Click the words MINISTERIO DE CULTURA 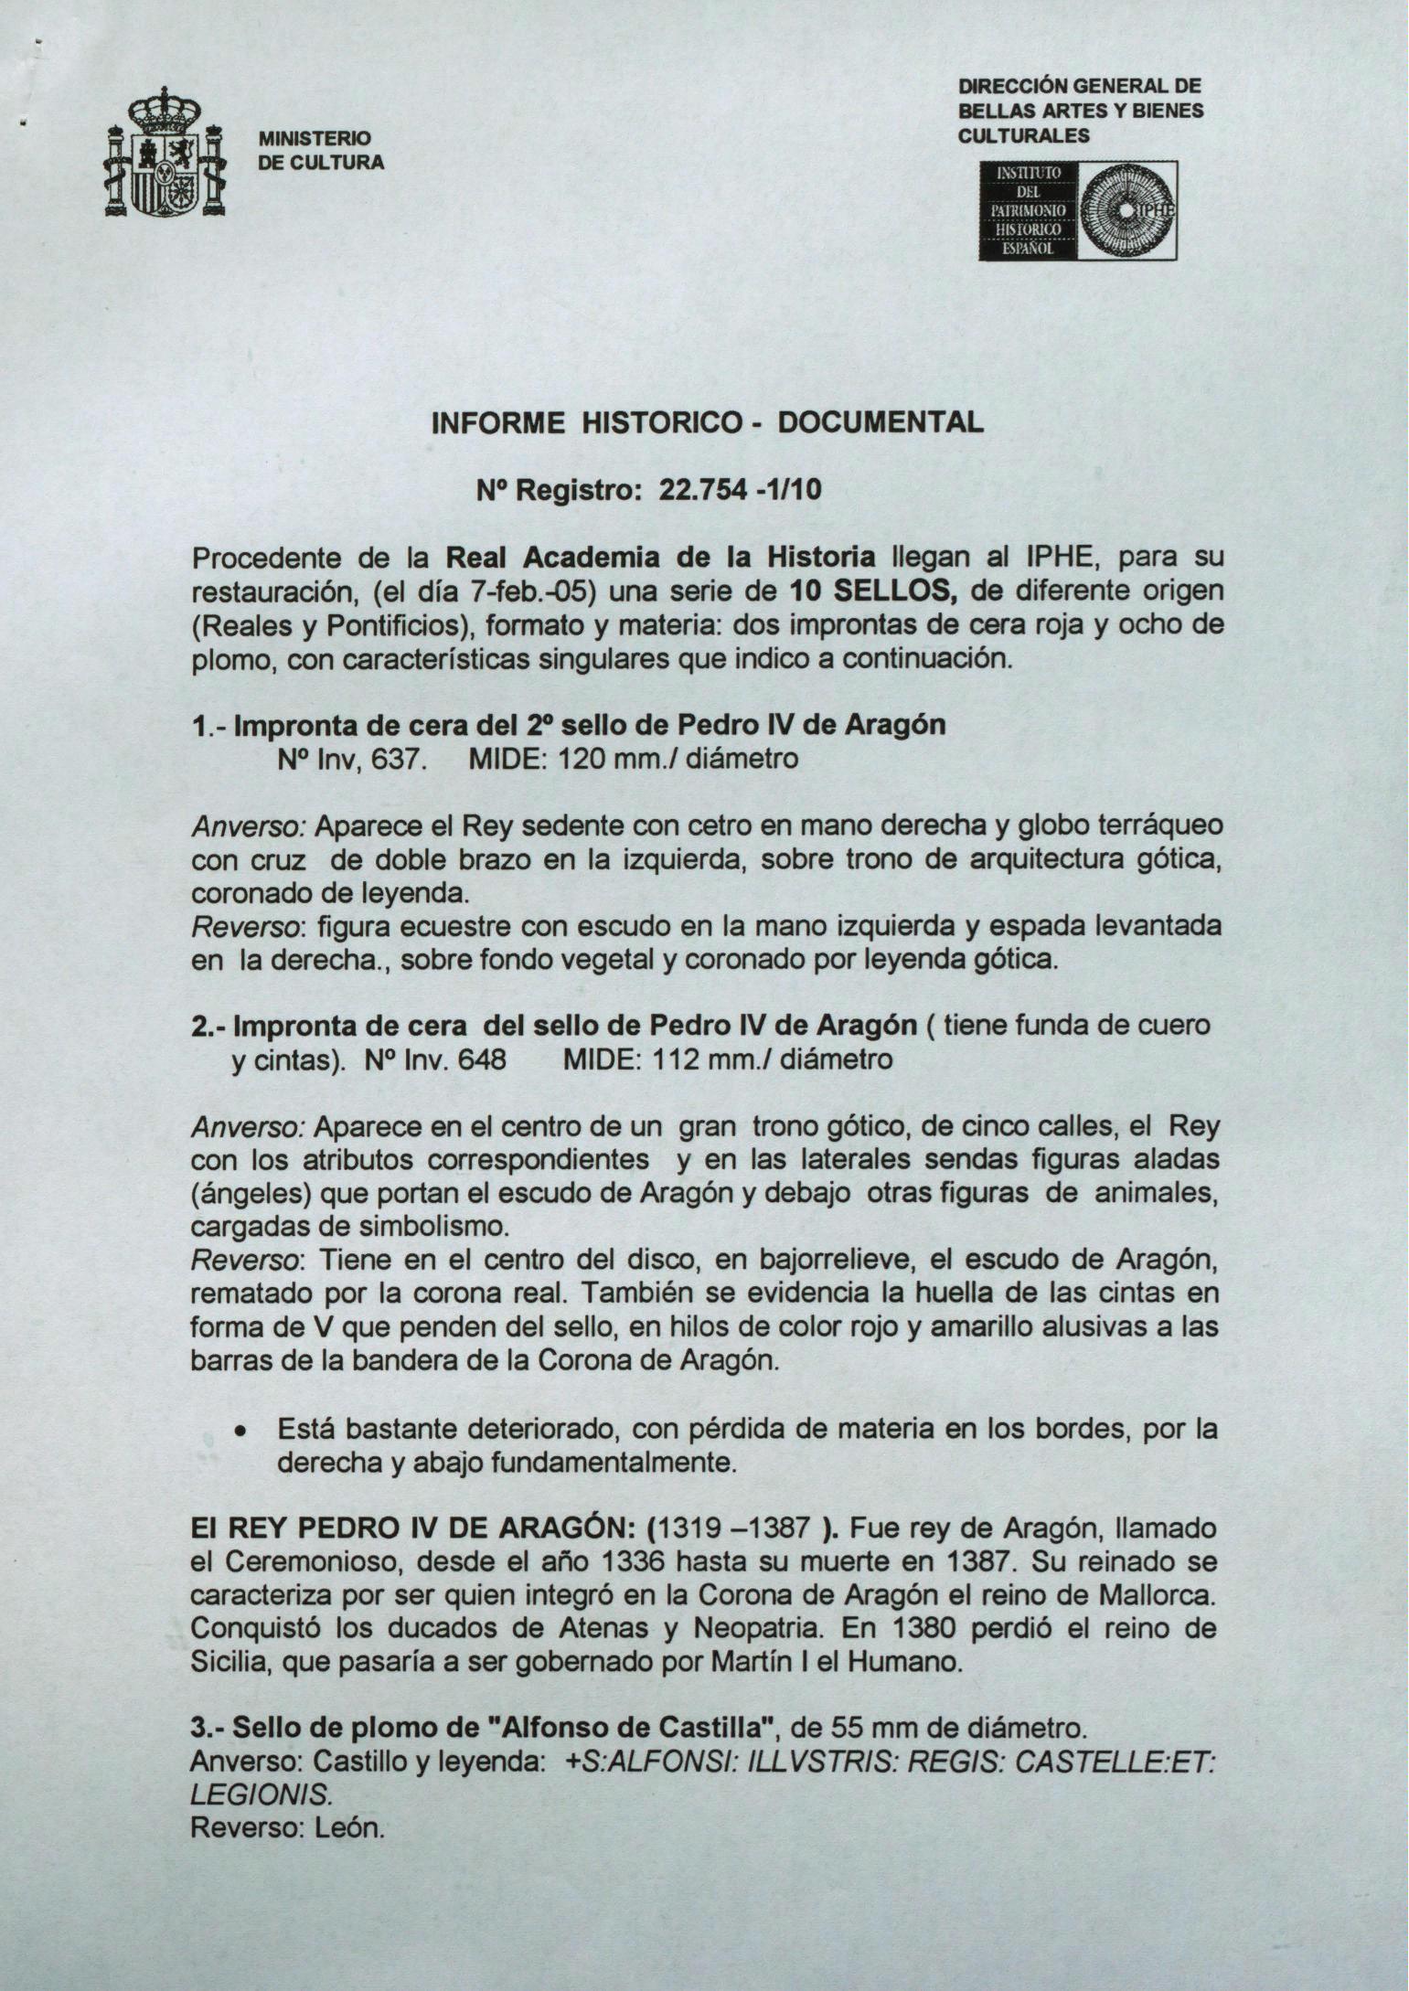pyautogui.click(x=321, y=151)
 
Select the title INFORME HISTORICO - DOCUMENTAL pyautogui.click(x=706, y=422)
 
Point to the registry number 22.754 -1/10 pyautogui.click(x=741, y=492)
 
